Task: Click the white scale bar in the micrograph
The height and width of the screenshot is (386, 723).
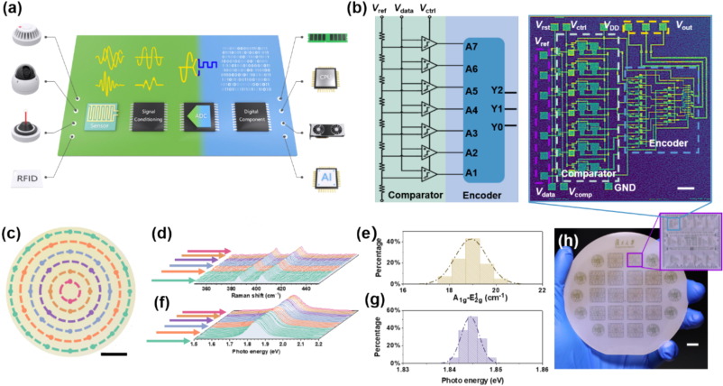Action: tap(684, 188)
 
